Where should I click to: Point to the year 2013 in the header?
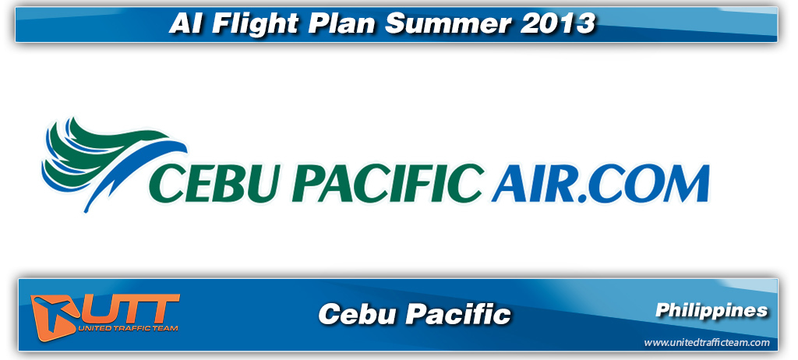[556, 23]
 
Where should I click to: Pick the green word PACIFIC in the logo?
[387, 182]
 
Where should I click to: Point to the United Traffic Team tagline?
[129, 328]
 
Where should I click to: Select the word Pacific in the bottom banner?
[458, 313]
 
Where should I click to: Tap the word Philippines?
[711, 310]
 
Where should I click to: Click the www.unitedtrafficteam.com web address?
[707, 343]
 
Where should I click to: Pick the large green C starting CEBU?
[166, 183]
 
